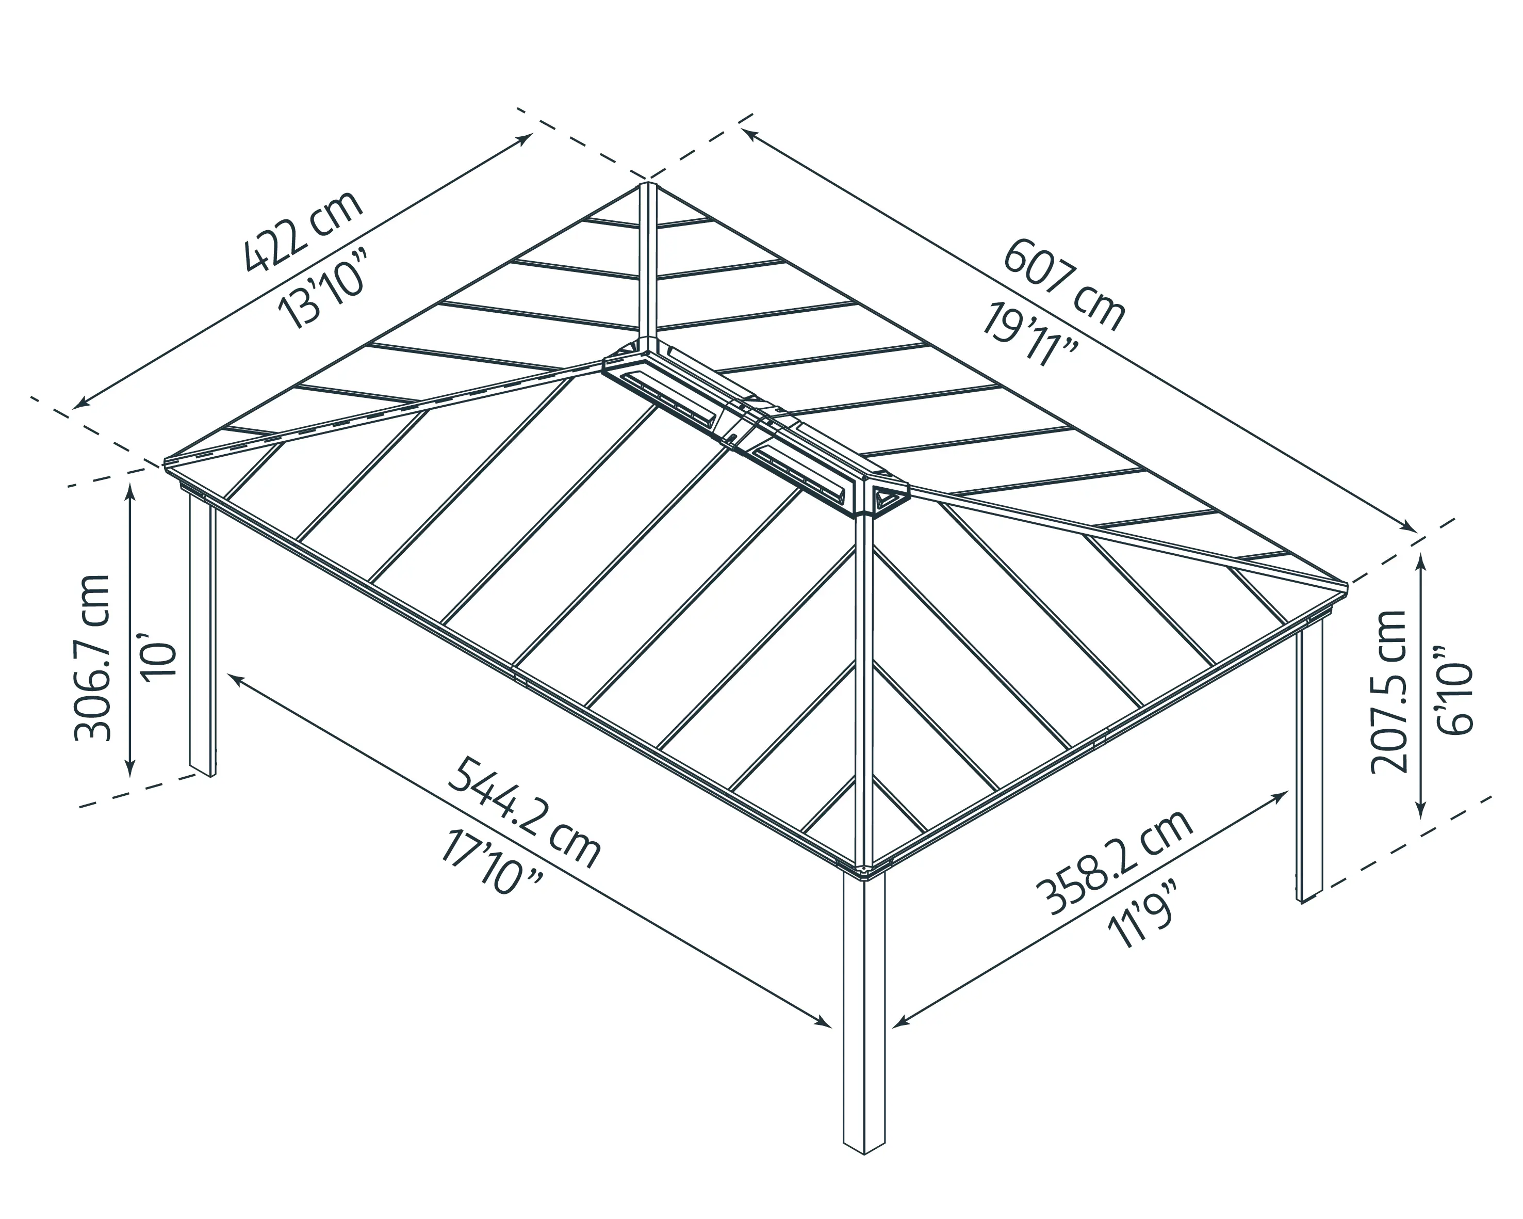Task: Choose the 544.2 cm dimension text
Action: [x=525, y=813]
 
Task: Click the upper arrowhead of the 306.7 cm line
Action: [x=130, y=492]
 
